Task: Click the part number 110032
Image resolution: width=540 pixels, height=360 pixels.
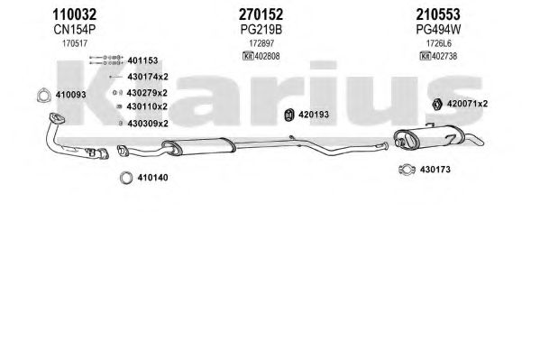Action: (x=75, y=14)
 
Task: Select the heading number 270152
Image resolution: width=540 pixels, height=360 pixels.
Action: (x=261, y=14)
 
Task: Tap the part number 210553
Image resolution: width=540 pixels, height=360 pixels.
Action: (x=438, y=14)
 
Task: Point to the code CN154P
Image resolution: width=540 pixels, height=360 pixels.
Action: (x=75, y=30)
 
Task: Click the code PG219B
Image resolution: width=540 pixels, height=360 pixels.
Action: (x=261, y=30)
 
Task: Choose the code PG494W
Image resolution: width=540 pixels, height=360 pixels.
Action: (x=438, y=30)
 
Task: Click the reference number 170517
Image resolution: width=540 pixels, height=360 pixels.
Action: (x=75, y=44)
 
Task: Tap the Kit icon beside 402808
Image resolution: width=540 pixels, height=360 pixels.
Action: (x=248, y=56)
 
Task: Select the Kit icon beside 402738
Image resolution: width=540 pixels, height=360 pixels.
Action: (x=426, y=56)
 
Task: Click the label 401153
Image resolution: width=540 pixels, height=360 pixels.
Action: (x=142, y=60)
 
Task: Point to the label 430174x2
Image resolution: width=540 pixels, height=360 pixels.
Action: (x=148, y=77)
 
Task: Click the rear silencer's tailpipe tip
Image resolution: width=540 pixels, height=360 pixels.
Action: (x=481, y=142)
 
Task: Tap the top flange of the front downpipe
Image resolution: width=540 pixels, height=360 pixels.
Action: (x=57, y=118)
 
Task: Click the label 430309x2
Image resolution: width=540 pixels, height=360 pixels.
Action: (x=148, y=124)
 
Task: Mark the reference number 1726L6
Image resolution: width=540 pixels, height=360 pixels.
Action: (x=438, y=44)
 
